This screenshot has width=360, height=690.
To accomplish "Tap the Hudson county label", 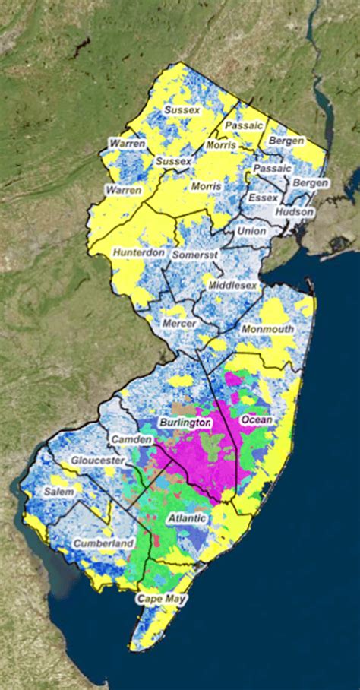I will pyautogui.click(x=294, y=212).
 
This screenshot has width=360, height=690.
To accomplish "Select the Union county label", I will pyautogui.click(x=251, y=231).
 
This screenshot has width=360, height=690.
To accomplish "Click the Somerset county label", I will pyautogui.click(x=195, y=255).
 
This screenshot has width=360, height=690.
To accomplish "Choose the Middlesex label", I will pyautogui.click(x=233, y=285).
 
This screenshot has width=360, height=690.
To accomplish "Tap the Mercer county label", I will pyautogui.click(x=179, y=323).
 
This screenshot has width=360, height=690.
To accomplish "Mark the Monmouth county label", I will pyautogui.click(x=268, y=330).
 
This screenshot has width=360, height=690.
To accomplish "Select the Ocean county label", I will pyautogui.click(x=255, y=419).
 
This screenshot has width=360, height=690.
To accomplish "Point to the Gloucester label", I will pyautogui.click(x=97, y=461).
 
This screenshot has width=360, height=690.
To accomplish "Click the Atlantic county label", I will pyautogui.click(x=186, y=518).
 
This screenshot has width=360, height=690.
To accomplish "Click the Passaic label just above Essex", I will pyautogui.click(x=272, y=168).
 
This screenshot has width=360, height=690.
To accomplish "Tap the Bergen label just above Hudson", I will pyautogui.click(x=311, y=183).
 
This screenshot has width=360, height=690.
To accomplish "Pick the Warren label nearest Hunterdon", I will pyautogui.click(x=124, y=190).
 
